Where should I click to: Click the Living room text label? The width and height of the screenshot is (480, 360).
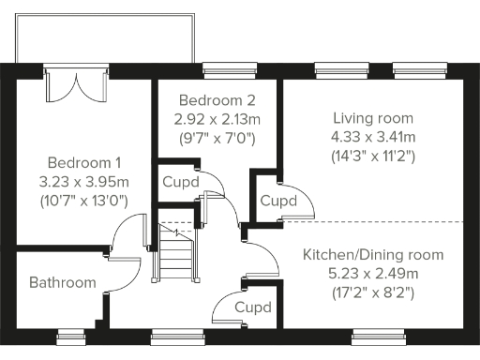pos(372,117)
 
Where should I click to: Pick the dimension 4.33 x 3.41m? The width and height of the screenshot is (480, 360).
pos(372,136)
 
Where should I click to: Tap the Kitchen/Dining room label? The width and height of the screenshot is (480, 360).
pos(372,254)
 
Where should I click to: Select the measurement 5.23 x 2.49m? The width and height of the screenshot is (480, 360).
pos(372,273)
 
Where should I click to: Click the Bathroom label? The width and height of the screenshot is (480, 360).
pos(62,282)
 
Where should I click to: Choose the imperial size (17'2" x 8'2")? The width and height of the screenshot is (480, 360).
pos(372,292)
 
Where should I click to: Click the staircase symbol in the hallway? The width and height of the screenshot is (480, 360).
pos(175,253)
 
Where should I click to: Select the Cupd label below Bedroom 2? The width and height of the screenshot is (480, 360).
pos(180,182)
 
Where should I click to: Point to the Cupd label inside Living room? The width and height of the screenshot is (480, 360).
pos(278,201)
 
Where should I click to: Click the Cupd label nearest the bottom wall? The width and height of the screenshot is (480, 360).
pos(252,307)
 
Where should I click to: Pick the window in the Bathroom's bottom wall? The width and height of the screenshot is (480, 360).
pos(70,332)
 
